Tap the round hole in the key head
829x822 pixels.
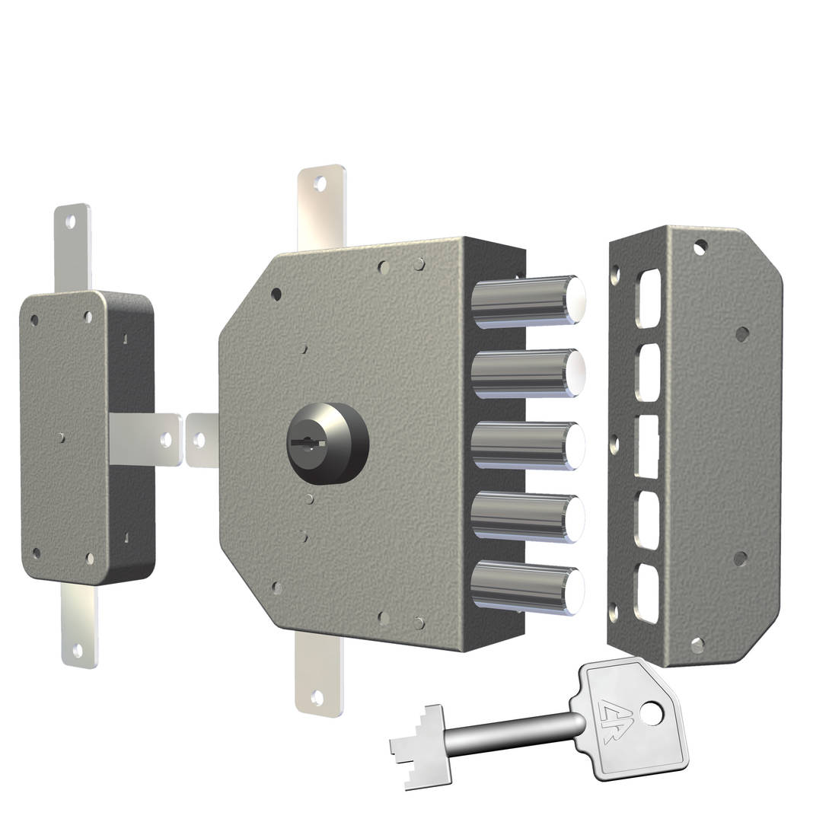click(651, 712)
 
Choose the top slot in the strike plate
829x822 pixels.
click(646, 300)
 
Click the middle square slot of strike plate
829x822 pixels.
click(647, 445)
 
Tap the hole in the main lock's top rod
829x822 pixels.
click(320, 183)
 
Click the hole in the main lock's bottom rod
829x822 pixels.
click(317, 696)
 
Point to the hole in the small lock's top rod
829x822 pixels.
click(71, 221)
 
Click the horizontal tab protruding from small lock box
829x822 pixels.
click(145, 439)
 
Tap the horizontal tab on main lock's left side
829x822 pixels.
click(202, 439)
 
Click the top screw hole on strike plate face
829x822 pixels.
click(700, 247)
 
